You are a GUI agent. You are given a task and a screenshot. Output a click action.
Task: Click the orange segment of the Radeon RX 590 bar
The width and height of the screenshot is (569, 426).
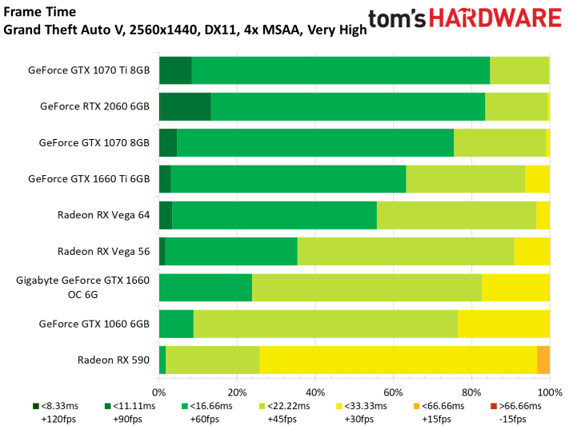(x=543, y=360)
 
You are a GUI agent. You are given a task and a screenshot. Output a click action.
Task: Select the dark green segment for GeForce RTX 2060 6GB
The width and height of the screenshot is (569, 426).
(x=186, y=106)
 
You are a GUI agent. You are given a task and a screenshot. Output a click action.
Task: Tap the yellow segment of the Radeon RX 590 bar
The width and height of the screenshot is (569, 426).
(x=398, y=360)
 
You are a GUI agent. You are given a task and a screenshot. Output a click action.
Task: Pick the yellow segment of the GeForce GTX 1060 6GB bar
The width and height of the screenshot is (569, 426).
(x=503, y=324)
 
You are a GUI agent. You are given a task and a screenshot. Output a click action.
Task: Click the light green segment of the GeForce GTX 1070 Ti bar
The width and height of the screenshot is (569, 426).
(x=519, y=70)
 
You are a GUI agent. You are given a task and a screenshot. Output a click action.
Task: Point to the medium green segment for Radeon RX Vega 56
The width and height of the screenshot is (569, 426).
(x=231, y=251)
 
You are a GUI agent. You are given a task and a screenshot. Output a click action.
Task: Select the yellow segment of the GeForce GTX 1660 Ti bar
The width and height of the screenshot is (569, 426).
(x=538, y=179)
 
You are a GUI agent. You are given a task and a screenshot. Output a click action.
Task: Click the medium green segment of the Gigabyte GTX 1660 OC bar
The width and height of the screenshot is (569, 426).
(x=206, y=288)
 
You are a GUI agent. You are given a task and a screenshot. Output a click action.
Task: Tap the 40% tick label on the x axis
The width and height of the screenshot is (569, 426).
(x=315, y=392)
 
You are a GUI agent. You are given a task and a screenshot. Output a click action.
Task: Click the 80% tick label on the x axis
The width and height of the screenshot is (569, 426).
(x=471, y=392)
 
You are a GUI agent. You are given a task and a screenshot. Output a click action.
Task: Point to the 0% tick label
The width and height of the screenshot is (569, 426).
(x=158, y=392)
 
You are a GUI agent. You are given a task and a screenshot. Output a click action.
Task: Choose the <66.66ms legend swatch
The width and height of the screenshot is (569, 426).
(x=416, y=406)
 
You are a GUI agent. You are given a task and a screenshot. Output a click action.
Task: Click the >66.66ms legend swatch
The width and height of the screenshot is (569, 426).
(x=494, y=406)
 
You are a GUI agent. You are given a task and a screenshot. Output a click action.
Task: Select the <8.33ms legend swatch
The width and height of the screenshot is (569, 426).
(x=35, y=406)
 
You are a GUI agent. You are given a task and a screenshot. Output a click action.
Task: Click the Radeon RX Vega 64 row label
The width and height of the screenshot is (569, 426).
(x=103, y=215)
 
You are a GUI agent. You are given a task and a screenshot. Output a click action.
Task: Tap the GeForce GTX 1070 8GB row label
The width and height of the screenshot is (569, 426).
(x=94, y=142)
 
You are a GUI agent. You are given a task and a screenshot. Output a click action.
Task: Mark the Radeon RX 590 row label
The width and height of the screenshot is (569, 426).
(x=114, y=360)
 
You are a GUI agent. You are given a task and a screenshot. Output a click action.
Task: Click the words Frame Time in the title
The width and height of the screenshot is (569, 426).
(x=39, y=12)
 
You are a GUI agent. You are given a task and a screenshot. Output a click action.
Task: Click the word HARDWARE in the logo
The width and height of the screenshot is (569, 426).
(x=495, y=18)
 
